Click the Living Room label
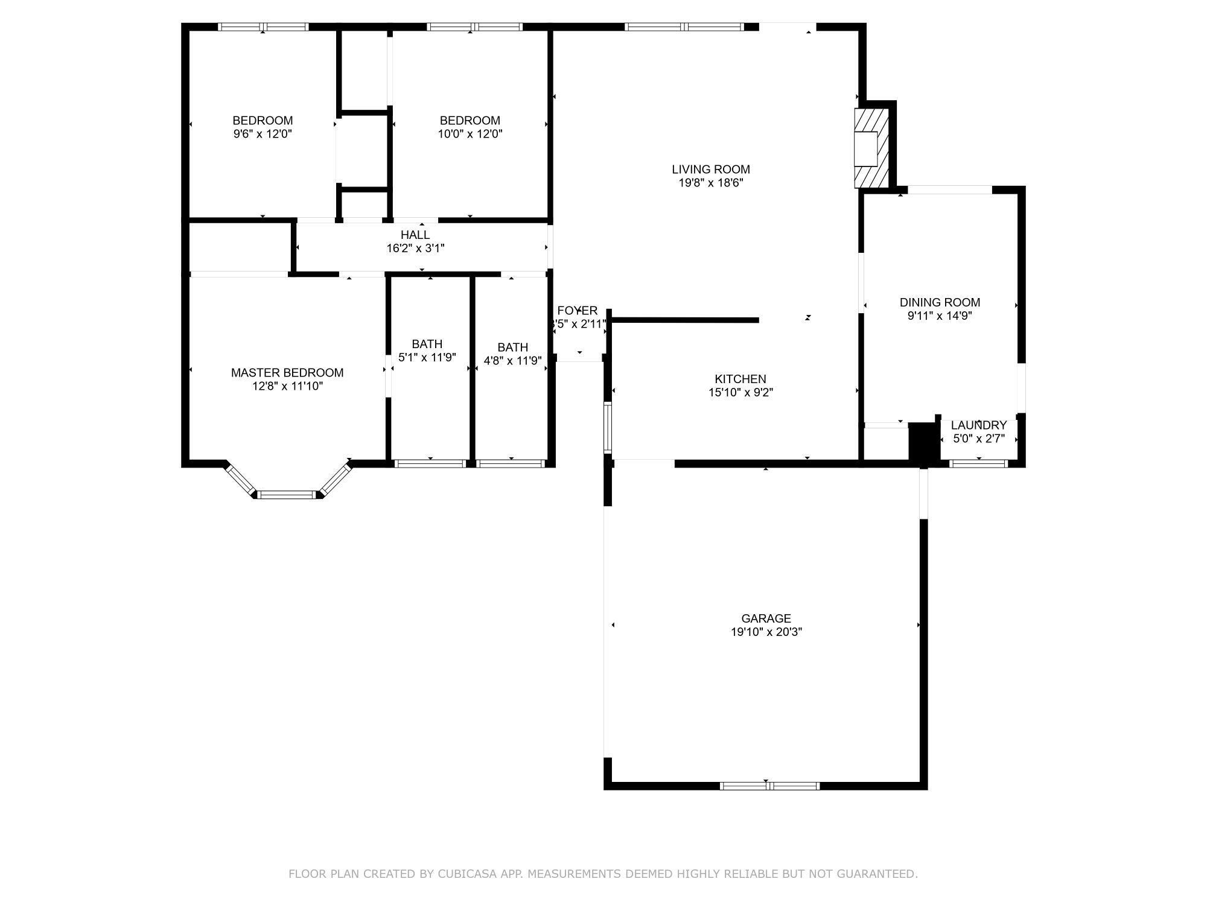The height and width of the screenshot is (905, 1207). coord(711,170)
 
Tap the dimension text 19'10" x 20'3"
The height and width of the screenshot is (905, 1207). coord(766,632)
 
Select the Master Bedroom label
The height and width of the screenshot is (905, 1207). coord(287,373)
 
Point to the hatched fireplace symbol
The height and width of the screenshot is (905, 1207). coord(871,148)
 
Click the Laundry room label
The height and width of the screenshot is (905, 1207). coord(978,425)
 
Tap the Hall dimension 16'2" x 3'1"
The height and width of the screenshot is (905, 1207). coord(415,248)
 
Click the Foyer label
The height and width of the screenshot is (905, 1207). coord(578,311)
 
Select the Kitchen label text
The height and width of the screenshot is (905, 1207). coord(740,379)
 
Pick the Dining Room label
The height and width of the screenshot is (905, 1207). coord(940,302)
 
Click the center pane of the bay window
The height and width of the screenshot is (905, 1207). coord(287,495)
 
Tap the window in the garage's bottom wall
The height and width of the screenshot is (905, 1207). coord(769,786)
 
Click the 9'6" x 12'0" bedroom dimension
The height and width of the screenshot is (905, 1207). coord(263,134)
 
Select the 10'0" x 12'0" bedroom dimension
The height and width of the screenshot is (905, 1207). coord(470,134)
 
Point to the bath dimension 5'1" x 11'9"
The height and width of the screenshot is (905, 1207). coord(427,357)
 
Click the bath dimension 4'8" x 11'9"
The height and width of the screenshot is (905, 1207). coord(512,361)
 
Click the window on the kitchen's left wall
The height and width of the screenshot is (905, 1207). coord(608,428)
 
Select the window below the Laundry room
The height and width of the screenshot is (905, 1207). coord(978,463)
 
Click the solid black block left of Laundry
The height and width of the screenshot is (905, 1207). coord(922,443)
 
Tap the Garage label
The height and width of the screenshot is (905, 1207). coord(766,618)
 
